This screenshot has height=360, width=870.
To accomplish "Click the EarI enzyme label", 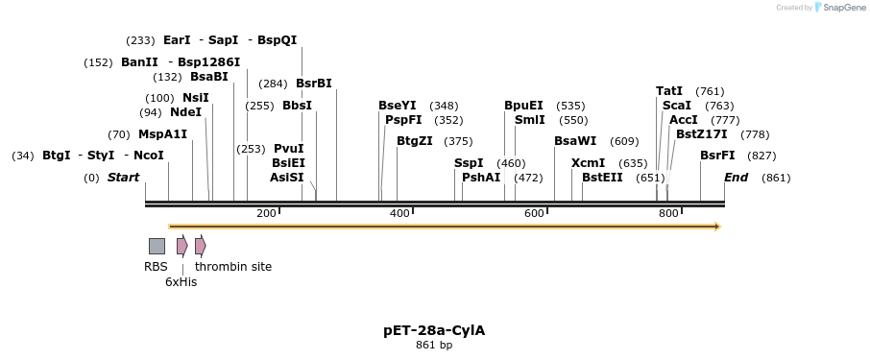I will (177, 40).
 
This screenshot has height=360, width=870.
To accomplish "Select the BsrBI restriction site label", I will (314, 84).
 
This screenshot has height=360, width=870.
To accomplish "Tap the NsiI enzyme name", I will (196, 98).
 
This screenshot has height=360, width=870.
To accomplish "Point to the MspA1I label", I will (162, 134).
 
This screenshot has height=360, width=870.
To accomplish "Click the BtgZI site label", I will (414, 141).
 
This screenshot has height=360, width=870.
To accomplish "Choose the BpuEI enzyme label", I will (523, 106).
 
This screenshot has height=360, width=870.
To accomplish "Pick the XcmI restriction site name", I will (588, 163).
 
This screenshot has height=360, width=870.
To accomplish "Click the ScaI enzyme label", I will (677, 106).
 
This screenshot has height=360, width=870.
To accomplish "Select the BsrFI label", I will (717, 156).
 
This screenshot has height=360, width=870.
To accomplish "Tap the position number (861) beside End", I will (776, 178).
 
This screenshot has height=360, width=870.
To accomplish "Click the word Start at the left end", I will (123, 178).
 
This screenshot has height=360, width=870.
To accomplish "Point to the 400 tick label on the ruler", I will (400, 213).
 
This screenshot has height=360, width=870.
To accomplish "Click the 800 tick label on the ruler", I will (669, 213).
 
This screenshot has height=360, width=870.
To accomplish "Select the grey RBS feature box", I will (157, 246).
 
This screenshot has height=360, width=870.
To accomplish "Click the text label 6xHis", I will (181, 282).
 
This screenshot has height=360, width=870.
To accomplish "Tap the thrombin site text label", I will (233, 267).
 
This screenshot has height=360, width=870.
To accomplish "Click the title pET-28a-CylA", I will (434, 330).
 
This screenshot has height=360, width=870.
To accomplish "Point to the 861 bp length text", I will (434, 346).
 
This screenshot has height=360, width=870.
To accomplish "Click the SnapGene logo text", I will (842, 8).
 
